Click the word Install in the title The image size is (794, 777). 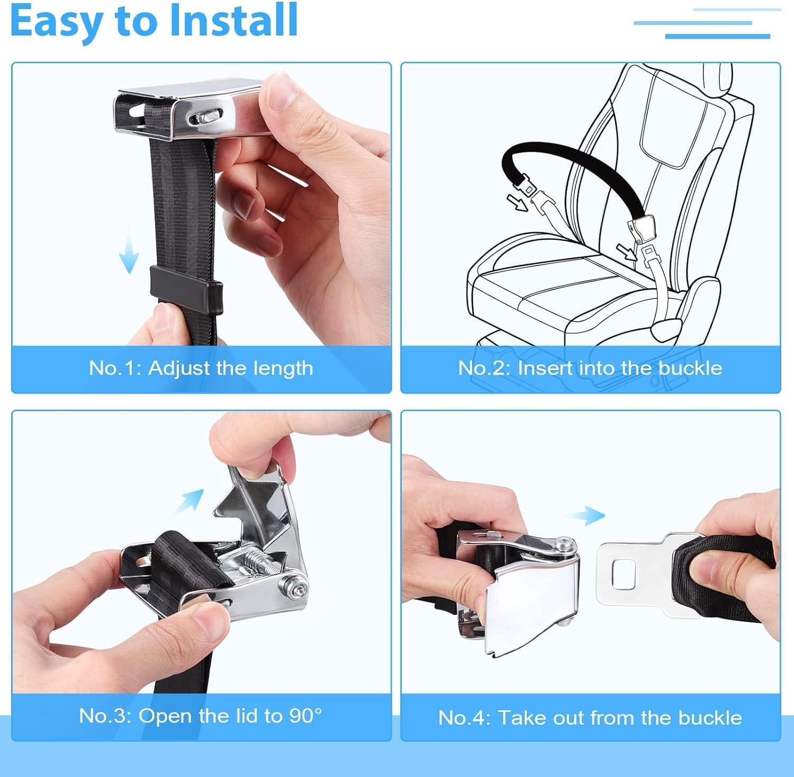coord(233,21)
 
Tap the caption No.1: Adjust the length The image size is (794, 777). coord(201,368)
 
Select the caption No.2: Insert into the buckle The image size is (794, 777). coord(590,368)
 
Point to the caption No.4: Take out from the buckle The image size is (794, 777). coord(590,718)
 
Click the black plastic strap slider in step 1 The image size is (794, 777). coord(186,282)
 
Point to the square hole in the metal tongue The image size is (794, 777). coord(620,573)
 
